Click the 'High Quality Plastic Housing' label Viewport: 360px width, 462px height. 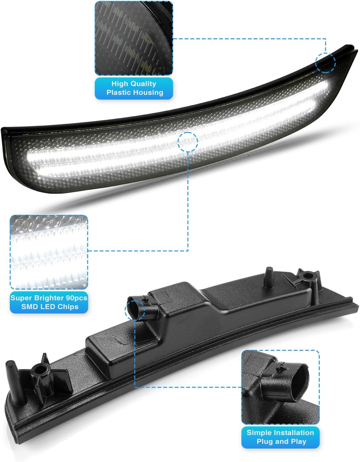[x=134, y=88]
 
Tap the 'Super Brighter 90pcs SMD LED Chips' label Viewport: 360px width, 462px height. [x=49, y=302]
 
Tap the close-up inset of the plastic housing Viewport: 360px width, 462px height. [x=134, y=38]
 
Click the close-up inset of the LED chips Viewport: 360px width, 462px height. [x=49, y=252]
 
